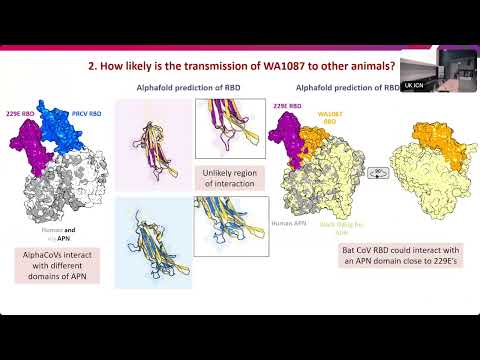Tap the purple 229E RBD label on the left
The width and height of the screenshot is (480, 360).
(23, 115)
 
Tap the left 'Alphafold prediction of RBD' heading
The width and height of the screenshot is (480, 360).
(184, 88)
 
